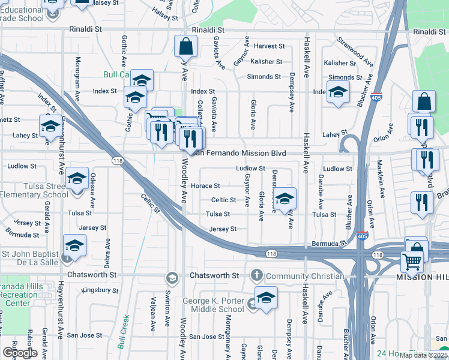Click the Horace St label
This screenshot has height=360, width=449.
click(205, 185)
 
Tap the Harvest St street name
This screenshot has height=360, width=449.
click(268, 46)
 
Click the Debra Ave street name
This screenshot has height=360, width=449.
click(107, 253)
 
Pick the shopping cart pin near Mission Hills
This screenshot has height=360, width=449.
click(412, 261)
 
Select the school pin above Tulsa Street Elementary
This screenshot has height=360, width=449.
click(77, 178)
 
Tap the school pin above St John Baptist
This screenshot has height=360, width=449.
click(74, 245)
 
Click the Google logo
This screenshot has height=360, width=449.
click(20, 353)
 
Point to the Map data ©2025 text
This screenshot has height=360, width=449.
click(423, 355)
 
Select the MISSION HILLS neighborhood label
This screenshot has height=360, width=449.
click(422, 278)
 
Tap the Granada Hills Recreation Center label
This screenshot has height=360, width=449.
click(22, 295)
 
